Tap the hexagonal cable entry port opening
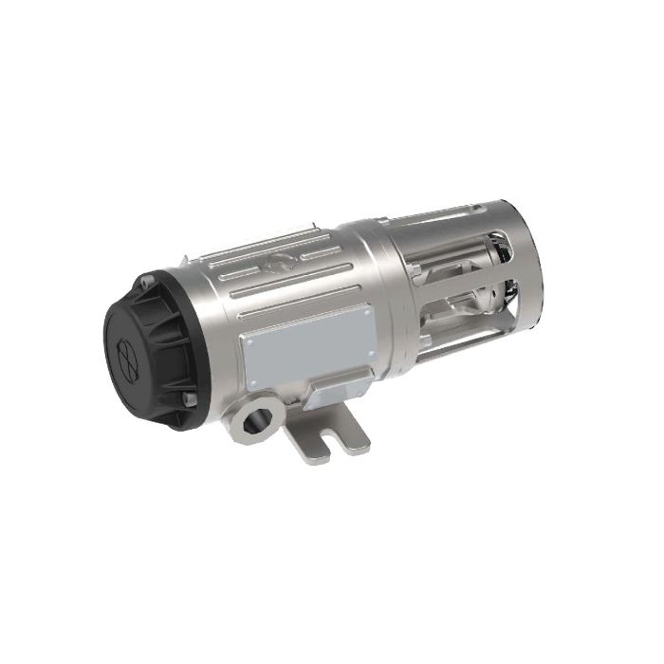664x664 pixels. point(255,415)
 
